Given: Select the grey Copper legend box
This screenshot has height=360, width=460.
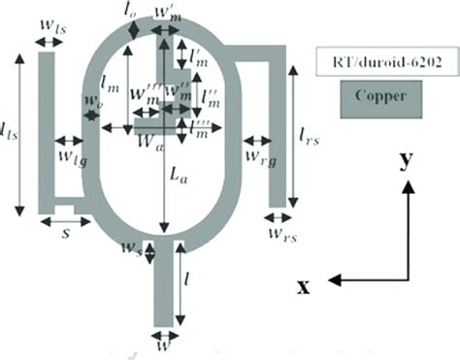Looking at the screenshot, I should [379, 96].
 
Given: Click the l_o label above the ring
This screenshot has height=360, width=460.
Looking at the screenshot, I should [132, 16].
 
